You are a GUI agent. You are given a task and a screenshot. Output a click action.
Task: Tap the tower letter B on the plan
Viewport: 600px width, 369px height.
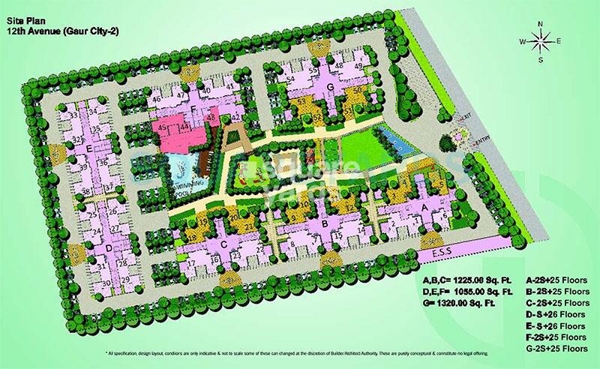coord(324,223)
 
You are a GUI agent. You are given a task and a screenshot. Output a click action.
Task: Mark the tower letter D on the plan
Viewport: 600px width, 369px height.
coord(109,247)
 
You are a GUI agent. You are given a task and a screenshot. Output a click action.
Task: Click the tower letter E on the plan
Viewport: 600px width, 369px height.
coord(89,150)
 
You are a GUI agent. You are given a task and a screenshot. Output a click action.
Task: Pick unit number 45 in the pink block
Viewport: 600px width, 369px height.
coord(163,128)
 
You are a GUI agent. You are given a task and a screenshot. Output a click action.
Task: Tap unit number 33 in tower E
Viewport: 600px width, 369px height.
coord(73,117)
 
